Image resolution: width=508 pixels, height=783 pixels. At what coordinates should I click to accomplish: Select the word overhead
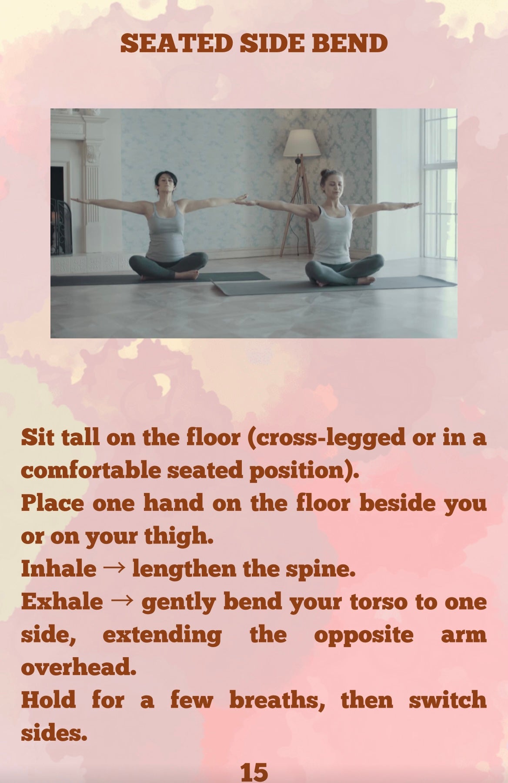pos(78,667)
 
